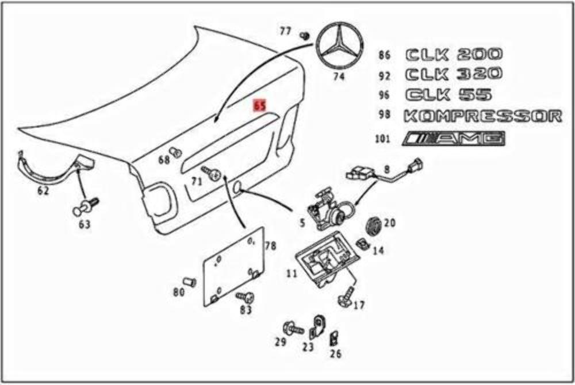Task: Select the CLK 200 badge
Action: coord(454,55)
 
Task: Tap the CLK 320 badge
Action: coord(454,74)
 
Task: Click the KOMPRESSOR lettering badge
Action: coord(482,116)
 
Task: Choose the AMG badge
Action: coord(455,138)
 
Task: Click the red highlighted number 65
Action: coord(260,106)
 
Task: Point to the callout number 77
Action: coord(285,32)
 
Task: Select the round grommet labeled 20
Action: coord(374,225)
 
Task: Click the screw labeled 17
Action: coord(347,296)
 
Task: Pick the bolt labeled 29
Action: coord(294,329)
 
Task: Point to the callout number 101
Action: coord(383,139)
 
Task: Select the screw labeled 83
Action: coord(246,298)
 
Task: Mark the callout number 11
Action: coord(292,274)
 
